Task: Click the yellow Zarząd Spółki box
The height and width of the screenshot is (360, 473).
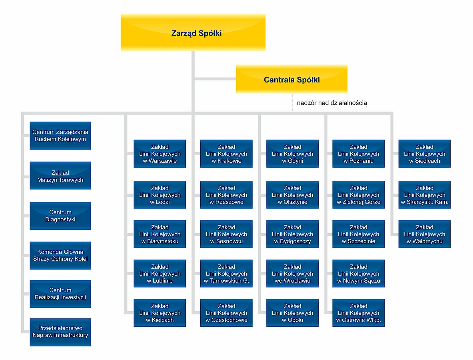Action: [x=193, y=32]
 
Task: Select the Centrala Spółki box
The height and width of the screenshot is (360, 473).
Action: [x=292, y=79]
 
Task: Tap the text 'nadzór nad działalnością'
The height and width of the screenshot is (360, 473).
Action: [x=332, y=103]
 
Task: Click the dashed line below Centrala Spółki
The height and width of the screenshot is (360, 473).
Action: [x=292, y=102]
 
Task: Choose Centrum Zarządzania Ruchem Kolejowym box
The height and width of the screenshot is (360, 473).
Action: [x=60, y=136]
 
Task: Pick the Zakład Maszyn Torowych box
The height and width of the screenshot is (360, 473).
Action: [x=60, y=176]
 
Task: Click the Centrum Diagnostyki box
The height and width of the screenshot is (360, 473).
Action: [x=60, y=216]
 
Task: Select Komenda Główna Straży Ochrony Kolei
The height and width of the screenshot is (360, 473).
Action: [x=60, y=255]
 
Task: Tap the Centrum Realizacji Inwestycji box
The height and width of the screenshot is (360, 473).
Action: [x=60, y=294]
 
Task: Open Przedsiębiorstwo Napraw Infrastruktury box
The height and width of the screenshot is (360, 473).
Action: [x=60, y=332]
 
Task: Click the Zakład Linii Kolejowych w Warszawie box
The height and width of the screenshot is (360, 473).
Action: [x=160, y=154]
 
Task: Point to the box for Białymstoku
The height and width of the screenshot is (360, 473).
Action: [x=160, y=234]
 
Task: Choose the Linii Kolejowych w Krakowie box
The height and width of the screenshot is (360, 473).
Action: [x=226, y=154]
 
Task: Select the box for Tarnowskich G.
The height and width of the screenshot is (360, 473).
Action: [x=226, y=273]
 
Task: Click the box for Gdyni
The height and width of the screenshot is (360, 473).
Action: [x=292, y=154]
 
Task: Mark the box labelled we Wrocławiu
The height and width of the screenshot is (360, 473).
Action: [x=292, y=273]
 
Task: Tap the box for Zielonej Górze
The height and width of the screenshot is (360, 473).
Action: [x=358, y=195]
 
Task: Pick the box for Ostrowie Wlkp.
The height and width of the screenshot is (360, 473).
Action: [x=358, y=313]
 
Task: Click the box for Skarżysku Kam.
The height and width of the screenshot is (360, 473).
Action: [x=425, y=195]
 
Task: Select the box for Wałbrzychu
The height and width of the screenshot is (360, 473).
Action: [x=425, y=234]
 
